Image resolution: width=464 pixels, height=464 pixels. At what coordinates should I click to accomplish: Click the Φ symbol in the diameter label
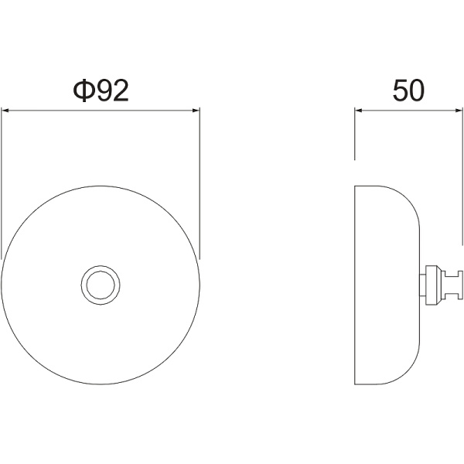(84, 90)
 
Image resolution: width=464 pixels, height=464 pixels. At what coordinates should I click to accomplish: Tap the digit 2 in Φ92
(121, 90)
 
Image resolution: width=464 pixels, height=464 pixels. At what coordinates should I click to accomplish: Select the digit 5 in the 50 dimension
(400, 90)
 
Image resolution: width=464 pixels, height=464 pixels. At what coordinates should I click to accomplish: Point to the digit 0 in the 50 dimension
(417, 90)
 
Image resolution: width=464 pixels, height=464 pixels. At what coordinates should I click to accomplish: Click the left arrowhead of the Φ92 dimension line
(5, 111)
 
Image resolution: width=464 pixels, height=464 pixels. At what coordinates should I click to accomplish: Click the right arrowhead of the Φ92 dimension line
(196, 111)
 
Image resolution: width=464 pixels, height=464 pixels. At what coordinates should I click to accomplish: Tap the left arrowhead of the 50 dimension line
(359, 111)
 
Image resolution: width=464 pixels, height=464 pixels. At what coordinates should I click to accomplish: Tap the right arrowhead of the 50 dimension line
(459, 111)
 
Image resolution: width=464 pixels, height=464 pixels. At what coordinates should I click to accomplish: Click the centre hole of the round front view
(101, 285)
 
